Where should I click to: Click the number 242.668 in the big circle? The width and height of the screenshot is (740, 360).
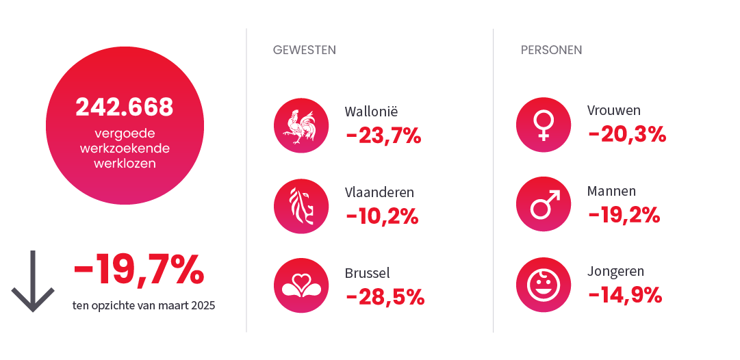[125, 107]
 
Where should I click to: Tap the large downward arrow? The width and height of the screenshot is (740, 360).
[32, 281]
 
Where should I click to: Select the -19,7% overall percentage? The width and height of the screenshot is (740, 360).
[138, 270]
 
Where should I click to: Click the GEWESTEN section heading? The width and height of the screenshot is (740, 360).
[304, 50]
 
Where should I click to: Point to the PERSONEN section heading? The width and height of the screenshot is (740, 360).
[551, 50]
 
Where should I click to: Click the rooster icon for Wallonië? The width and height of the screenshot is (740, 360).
[301, 125]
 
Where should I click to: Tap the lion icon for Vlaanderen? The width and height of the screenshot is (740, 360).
[301, 205]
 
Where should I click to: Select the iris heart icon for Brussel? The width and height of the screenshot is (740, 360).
[301, 285]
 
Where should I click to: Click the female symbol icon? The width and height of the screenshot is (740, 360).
[543, 125]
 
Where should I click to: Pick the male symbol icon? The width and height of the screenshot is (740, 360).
[543, 205]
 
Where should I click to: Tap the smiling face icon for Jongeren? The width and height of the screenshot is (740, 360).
[543, 285]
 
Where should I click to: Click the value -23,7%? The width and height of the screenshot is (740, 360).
[383, 136]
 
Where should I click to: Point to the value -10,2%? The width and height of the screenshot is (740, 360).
[382, 216]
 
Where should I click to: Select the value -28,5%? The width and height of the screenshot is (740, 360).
[385, 296]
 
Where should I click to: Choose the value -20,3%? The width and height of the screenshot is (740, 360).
[627, 134]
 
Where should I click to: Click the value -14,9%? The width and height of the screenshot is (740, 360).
[625, 295]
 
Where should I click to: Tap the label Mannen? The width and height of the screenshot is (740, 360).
[611, 191]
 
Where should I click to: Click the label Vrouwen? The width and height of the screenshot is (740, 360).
[613, 111]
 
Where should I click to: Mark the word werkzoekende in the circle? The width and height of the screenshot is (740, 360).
[125, 149]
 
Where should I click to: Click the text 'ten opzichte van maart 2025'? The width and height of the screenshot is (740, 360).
[144, 305]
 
